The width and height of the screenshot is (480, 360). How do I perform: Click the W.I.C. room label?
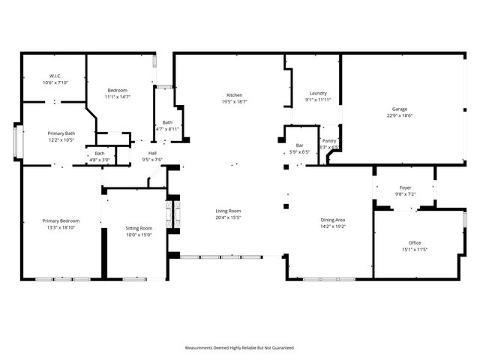click(x=55, y=76)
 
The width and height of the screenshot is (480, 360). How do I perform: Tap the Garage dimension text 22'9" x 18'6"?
click(x=400, y=115)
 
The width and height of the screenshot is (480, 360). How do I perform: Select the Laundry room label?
click(x=318, y=93)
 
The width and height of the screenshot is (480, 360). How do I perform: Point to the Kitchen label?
click(x=235, y=95)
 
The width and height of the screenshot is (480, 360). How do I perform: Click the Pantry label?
click(x=329, y=140)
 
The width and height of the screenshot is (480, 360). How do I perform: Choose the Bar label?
click(x=299, y=145)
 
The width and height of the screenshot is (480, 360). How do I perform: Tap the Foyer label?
click(x=405, y=187)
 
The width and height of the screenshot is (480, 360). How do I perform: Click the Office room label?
click(x=415, y=243)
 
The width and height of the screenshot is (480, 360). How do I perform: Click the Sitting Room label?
click(x=139, y=228)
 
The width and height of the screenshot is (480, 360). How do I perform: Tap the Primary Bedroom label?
click(x=61, y=220)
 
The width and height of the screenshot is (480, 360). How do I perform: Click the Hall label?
click(x=152, y=153)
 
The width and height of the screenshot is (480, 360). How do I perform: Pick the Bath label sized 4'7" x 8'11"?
click(x=167, y=123)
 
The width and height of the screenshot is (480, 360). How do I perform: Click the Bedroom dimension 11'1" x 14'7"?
click(x=117, y=97)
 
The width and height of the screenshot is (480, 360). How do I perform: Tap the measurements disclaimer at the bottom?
click(x=240, y=347)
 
